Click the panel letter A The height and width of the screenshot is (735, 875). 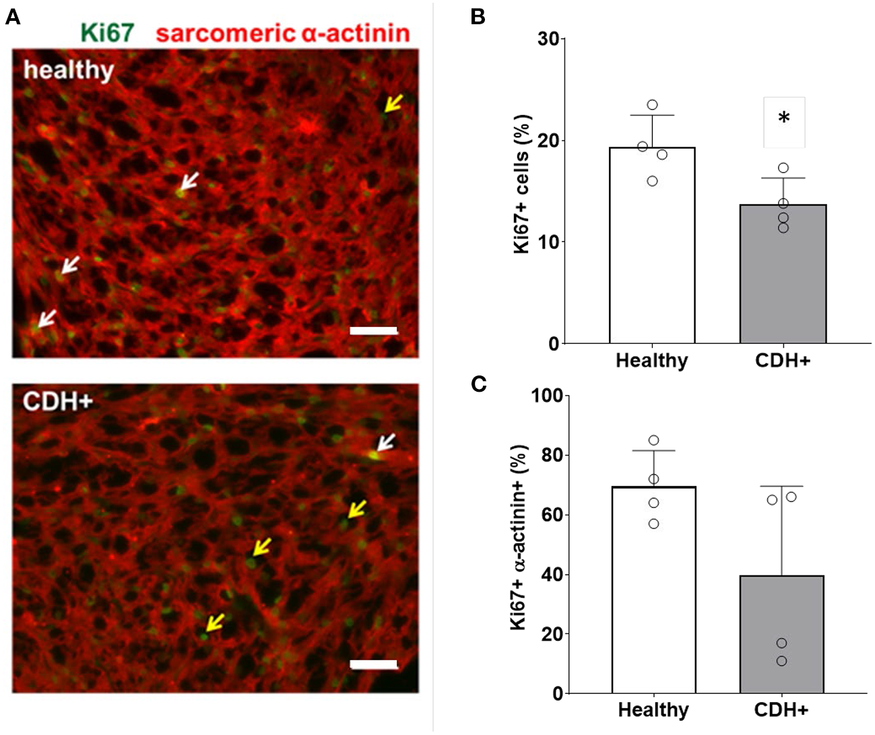pos(13,17)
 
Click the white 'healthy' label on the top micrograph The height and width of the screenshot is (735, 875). pos(69,69)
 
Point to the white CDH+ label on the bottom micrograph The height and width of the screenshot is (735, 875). pos(57,401)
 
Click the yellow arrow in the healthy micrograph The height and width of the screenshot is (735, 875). pos(393,104)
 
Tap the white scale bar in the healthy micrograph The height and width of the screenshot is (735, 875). pos(374,330)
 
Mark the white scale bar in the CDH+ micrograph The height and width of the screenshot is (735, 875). pos(374,664)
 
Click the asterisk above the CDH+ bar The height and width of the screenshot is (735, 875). pos(783,119)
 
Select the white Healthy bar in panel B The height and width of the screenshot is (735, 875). pos(652,246)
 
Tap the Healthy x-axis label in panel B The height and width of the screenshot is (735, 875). pos(651,361)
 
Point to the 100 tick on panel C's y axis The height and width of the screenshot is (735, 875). pos(546,395)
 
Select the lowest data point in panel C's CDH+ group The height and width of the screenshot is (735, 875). pos(781,661)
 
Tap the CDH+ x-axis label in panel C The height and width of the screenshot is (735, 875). pos(781,709)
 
